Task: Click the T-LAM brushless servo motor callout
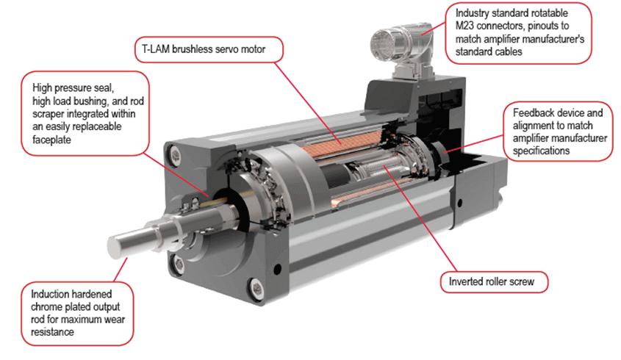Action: (209, 49)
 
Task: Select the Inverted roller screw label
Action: (494, 282)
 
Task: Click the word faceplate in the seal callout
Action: (51, 140)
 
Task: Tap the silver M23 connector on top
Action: (401, 47)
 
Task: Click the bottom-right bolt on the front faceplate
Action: (256, 286)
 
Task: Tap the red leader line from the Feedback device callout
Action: (474, 144)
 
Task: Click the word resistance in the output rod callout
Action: (52, 332)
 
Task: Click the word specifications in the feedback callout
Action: (541, 151)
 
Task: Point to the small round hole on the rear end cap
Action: (460, 203)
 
